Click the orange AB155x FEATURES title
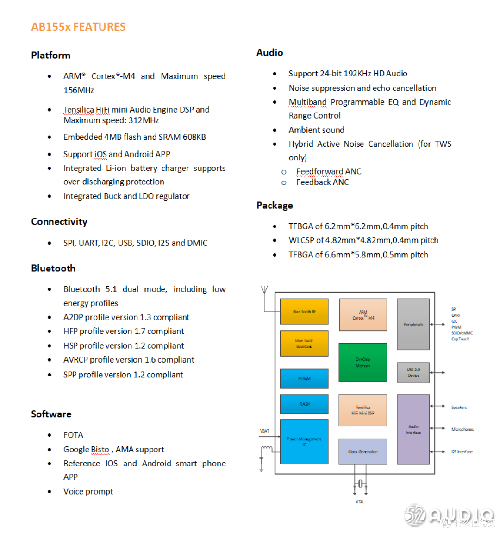[x=78, y=27]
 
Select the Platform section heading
[x=51, y=56]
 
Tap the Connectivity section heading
[x=59, y=222]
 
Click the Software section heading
[x=51, y=414]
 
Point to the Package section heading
[x=275, y=206]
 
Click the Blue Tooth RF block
[x=304, y=312]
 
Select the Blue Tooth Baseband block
[x=304, y=344]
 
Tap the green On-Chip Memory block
[x=362, y=363]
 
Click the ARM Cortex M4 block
[x=363, y=315]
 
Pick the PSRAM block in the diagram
[x=304, y=378]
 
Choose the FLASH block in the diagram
[x=304, y=404]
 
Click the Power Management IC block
[x=304, y=442]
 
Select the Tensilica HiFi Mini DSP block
[x=362, y=410]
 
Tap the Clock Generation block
[x=362, y=452]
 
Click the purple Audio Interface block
[x=413, y=429]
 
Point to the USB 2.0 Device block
[x=413, y=372]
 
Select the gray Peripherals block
[x=413, y=324]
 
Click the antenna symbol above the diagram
[x=264, y=291]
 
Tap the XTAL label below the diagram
[x=360, y=502]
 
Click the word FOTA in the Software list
[x=73, y=435]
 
